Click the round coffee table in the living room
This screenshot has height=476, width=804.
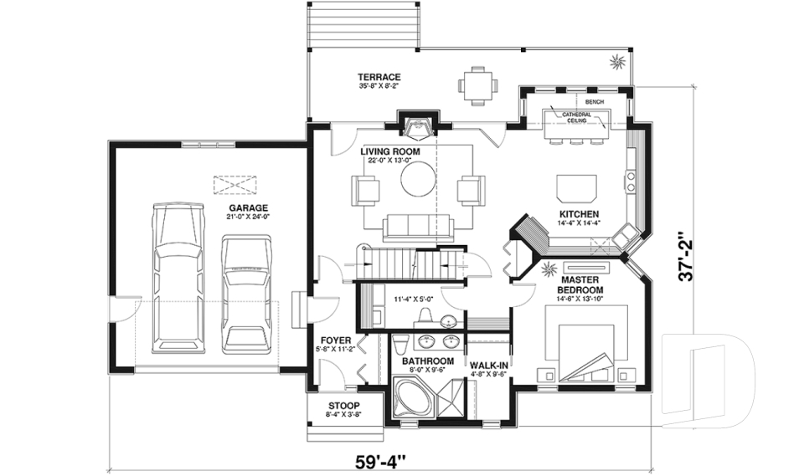417,177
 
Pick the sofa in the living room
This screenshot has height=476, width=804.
416,226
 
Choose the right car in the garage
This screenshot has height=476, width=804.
245,293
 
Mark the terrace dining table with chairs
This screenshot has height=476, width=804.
477,84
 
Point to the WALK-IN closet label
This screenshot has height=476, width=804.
486,366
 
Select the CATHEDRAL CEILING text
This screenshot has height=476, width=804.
576,117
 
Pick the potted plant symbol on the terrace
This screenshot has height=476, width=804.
617,60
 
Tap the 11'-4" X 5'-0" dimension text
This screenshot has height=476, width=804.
416,299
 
